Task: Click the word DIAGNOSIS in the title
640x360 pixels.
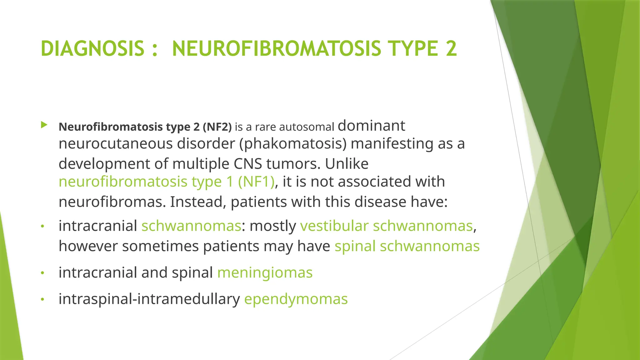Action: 92,49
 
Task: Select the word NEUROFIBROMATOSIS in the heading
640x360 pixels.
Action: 276,49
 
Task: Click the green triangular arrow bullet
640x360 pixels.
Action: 44,126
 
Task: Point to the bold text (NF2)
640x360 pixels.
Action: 217,127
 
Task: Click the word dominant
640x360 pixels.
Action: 371,126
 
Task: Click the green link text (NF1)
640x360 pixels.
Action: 256,182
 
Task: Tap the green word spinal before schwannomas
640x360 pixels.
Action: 355,246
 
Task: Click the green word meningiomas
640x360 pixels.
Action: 265,272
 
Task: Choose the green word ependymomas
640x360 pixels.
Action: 296,299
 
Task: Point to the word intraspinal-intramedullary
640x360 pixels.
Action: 149,299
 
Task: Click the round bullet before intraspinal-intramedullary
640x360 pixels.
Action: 43,300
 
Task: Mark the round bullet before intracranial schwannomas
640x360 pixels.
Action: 43,226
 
